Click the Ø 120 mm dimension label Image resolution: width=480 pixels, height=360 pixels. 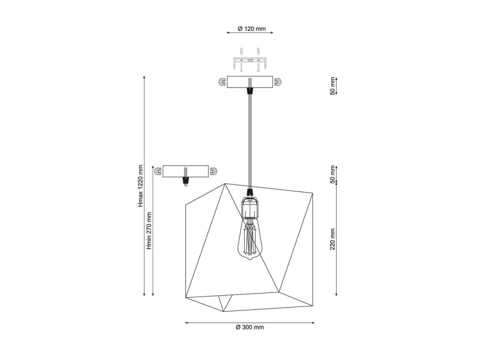tap(252, 29)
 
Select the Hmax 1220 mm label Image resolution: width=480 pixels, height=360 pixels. tap(140, 186)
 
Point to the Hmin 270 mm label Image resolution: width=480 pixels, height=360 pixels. tap(149, 231)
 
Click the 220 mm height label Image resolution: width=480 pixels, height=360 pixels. tap(332, 239)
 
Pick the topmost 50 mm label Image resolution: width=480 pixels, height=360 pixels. tap(332, 86)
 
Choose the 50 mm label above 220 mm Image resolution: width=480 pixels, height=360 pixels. tap(332, 174)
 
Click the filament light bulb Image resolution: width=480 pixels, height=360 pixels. tap(250, 239)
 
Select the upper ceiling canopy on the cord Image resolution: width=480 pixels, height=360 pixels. tap(250, 82)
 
